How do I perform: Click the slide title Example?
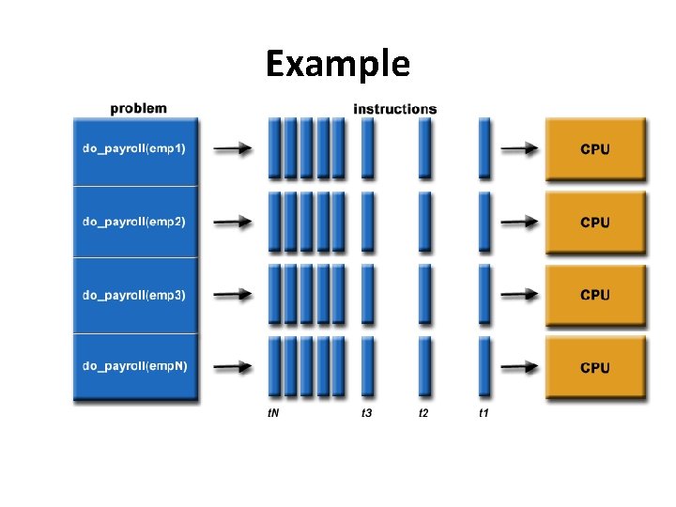(337, 64)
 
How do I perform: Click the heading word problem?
(138, 108)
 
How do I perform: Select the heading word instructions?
(394, 109)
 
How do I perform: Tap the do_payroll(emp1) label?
(133, 148)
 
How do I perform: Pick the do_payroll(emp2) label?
(133, 222)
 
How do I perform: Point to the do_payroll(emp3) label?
(133, 295)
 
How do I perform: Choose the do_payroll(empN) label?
(135, 365)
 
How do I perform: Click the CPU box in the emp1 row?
(595, 148)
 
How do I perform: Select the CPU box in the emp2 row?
(595, 222)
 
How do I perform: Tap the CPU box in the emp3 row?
(595, 294)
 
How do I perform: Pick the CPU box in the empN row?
(595, 367)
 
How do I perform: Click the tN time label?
(273, 414)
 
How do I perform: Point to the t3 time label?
(367, 414)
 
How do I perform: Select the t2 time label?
(424, 414)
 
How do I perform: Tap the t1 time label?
(484, 414)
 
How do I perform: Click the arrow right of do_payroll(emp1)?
(233, 148)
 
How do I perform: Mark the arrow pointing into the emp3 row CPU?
(519, 294)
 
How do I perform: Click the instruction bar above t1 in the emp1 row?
(484, 148)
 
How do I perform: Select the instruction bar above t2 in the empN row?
(425, 367)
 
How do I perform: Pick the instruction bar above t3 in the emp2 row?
(367, 222)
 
